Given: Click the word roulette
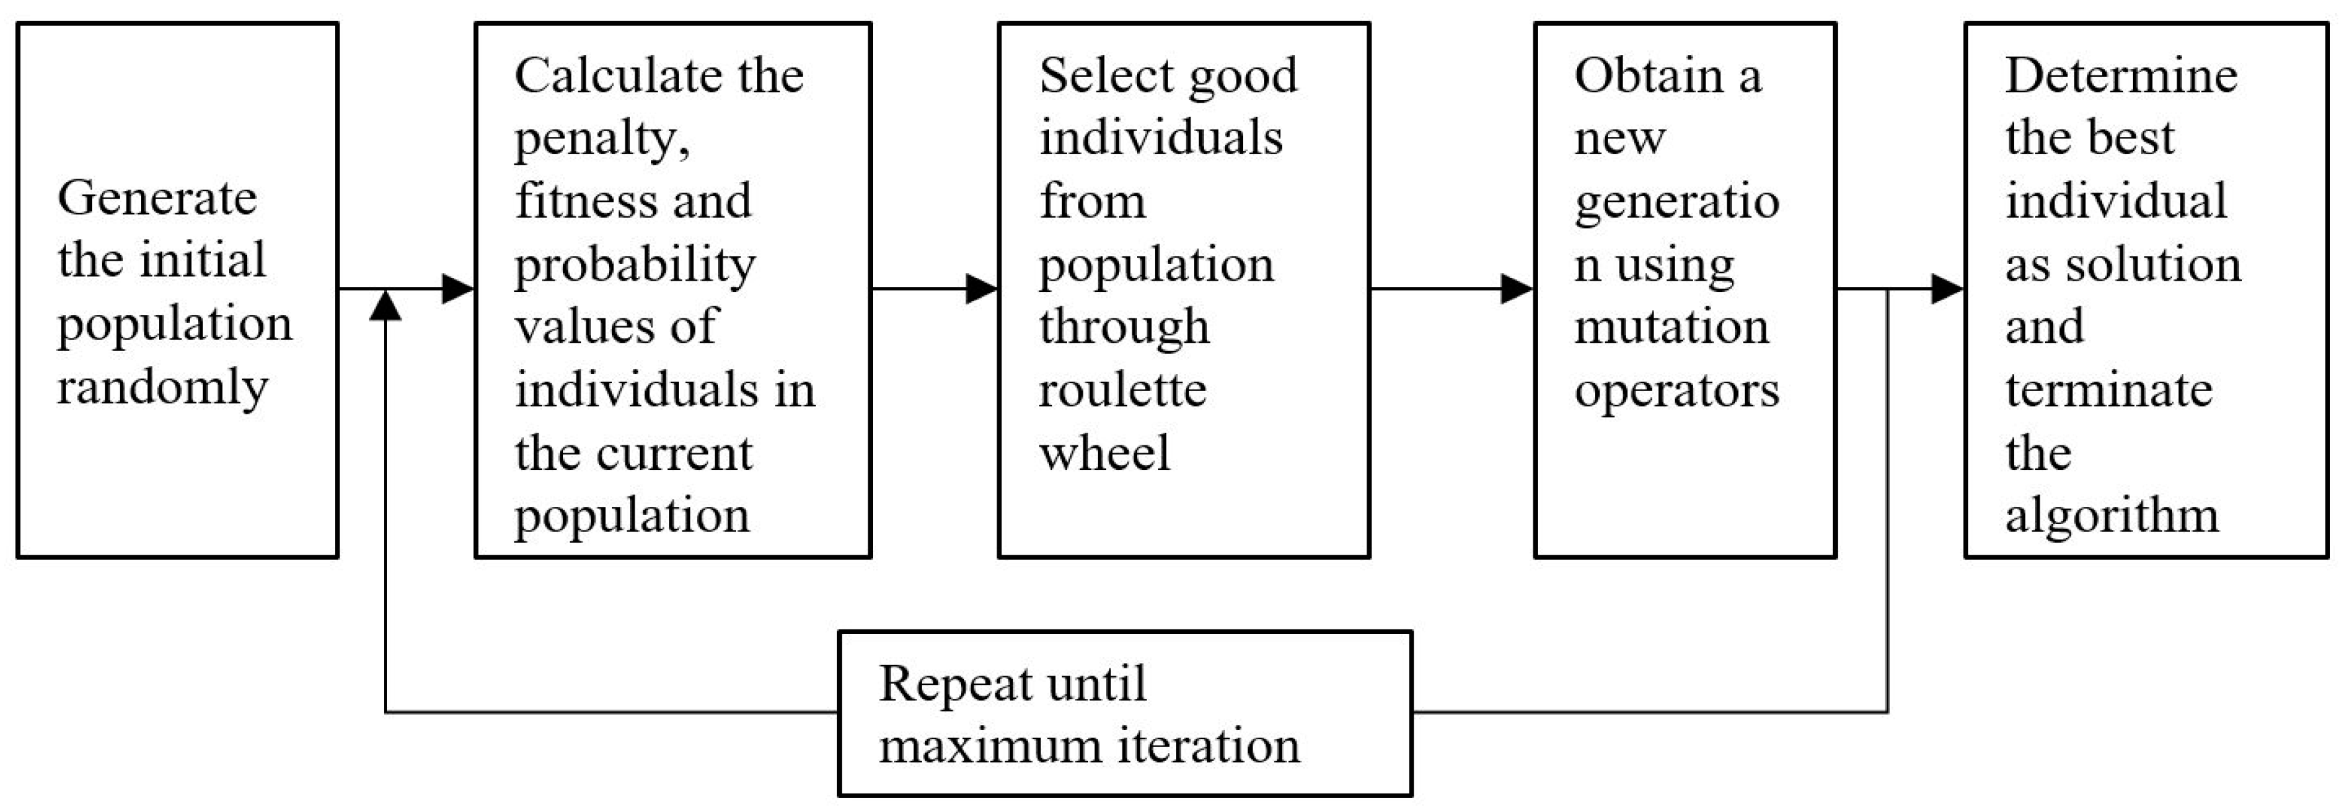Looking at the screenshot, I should click(1122, 390).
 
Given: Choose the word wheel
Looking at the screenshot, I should click(1104, 453).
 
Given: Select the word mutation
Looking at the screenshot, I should click(1670, 327).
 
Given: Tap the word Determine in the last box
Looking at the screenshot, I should click(2120, 75).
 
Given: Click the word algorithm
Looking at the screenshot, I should click(2111, 516).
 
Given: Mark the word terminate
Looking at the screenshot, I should click(2108, 390).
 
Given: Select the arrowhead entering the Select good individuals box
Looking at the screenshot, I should click(981, 289).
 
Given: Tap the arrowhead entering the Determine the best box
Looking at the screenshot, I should click(1947, 289).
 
